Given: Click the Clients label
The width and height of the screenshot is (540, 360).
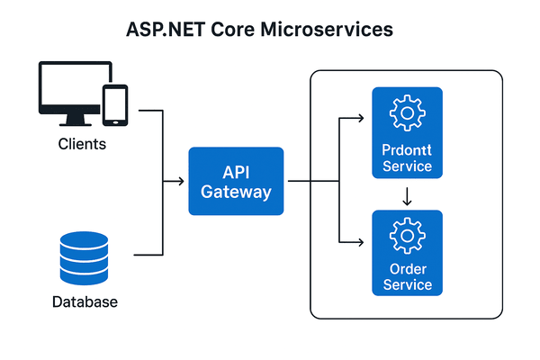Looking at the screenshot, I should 82,144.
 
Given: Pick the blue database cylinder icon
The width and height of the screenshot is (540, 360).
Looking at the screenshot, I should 82,257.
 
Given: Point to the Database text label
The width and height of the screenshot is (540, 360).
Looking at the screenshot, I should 82,302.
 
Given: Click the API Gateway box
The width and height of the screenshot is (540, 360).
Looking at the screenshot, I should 236,181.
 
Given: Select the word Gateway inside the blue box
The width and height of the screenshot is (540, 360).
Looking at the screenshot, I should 236,192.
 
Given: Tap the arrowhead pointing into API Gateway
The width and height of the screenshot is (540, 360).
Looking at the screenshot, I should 183,182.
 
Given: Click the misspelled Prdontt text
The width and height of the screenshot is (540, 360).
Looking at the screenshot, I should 407,150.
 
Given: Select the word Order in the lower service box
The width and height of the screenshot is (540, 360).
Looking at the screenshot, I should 407,269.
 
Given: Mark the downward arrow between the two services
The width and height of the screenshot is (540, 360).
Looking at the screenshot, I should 407,195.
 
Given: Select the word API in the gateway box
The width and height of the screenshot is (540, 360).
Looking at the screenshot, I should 236,172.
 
